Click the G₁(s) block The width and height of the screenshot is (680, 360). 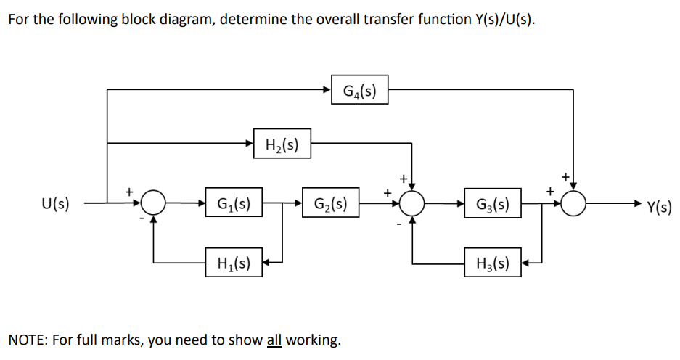click(234, 204)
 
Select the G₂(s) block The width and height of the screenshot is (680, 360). click(330, 204)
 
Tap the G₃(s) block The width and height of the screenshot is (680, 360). click(493, 204)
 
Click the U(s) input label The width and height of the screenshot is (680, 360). click(56, 204)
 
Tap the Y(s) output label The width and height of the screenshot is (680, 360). click(658, 207)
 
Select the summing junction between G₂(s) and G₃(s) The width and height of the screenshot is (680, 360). click(412, 204)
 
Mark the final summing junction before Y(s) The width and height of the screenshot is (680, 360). click(575, 204)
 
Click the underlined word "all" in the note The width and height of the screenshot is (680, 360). click(274, 340)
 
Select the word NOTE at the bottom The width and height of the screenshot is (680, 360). click(27, 340)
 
